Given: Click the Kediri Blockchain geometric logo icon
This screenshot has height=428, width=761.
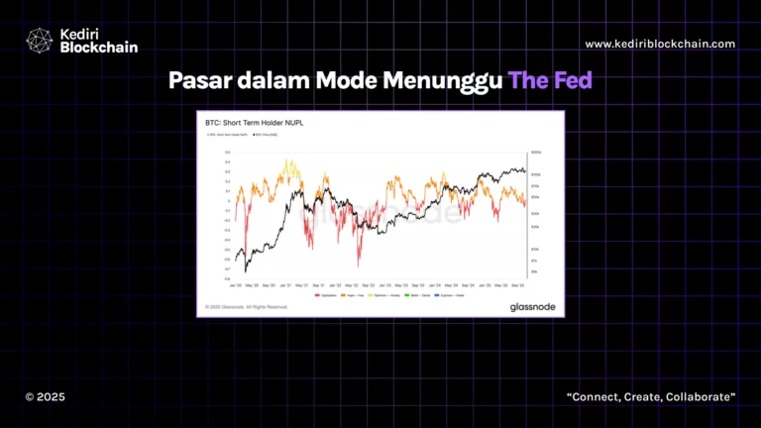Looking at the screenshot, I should pyautogui.click(x=39, y=40).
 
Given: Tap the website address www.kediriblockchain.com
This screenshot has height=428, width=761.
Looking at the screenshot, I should pyautogui.click(x=660, y=44).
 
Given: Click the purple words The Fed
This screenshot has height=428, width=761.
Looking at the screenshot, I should pyautogui.click(x=550, y=79).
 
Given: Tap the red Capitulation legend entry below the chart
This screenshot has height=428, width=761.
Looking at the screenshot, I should pyautogui.click(x=324, y=295).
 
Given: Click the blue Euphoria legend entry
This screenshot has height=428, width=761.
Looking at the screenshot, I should pyautogui.click(x=447, y=295).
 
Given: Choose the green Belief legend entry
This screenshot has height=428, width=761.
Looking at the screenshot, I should pyautogui.click(x=417, y=295).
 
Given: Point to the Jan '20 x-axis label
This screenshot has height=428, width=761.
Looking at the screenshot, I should pyautogui.click(x=235, y=285).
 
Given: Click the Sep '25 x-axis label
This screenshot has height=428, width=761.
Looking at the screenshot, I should pyautogui.click(x=516, y=285).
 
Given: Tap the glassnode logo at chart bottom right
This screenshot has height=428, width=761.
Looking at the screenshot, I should pyautogui.click(x=532, y=307).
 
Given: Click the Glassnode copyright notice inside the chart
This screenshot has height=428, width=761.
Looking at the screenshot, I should pyautogui.click(x=246, y=307).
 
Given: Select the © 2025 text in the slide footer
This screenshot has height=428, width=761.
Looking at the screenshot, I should pyautogui.click(x=45, y=396).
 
